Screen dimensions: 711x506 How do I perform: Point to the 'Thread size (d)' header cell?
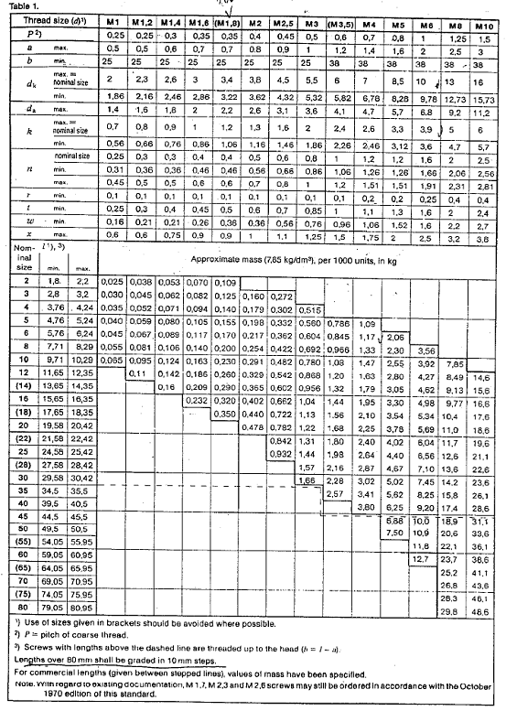pos(50,19)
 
